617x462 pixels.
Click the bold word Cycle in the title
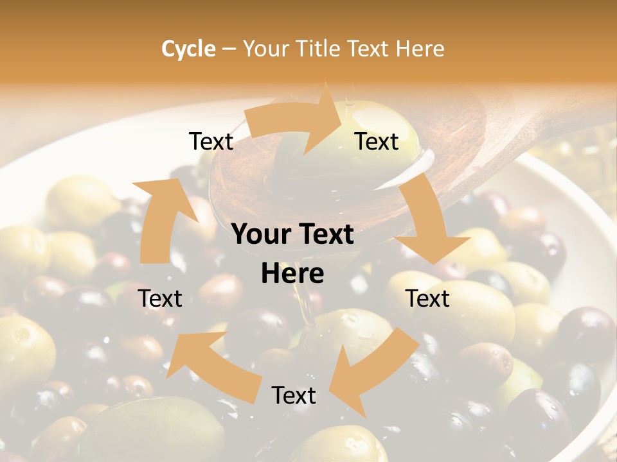[188, 49]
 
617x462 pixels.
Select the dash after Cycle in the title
[229, 49]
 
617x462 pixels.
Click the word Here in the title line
[420, 49]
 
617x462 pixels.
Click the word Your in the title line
[265, 49]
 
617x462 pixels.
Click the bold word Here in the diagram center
[292, 273]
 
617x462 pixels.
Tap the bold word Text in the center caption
[325, 234]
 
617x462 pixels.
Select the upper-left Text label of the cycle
[211, 141]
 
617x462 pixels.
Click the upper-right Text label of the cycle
[377, 141]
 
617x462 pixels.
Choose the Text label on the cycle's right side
[427, 298]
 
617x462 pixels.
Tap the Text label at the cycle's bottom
[294, 395]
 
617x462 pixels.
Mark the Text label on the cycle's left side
[160, 298]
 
